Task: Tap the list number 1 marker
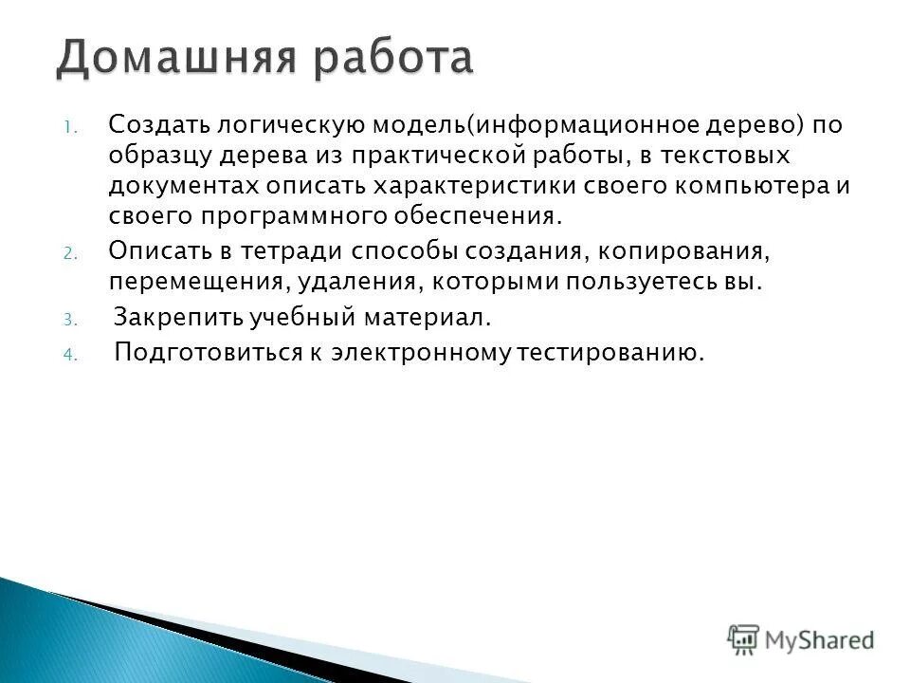(68, 128)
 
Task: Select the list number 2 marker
(68, 253)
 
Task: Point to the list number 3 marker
(68, 320)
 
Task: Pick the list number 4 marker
(68, 356)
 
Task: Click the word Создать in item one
(158, 124)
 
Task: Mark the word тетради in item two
(293, 251)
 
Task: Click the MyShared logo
(801, 639)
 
